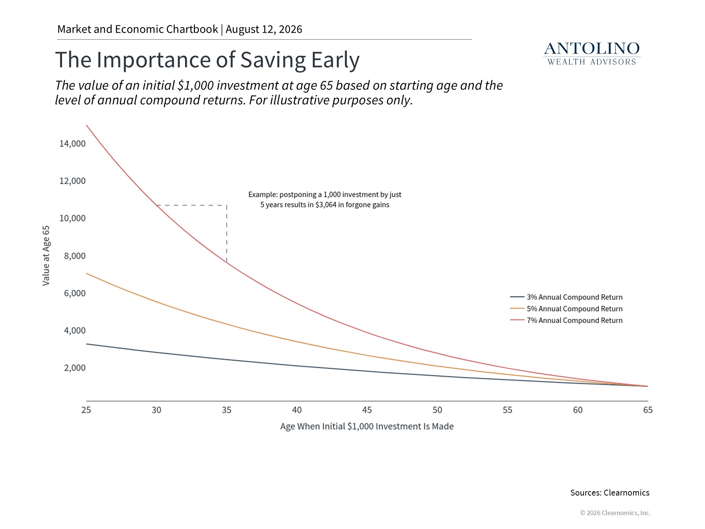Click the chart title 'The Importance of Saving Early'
tap(207, 60)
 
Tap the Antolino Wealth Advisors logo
tap(592, 54)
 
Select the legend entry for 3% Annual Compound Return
tap(566, 297)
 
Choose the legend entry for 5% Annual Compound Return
tap(566, 309)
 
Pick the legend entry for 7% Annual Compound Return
tap(566, 320)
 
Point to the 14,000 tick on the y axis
tap(72, 144)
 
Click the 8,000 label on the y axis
tap(75, 256)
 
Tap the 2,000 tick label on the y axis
tap(75, 368)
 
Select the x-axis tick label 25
tap(86, 410)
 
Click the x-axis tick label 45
tap(367, 410)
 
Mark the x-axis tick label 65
tap(648, 410)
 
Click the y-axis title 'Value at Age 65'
tap(46, 256)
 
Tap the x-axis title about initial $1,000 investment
tap(367, 426)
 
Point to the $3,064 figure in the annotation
tap(326, 205)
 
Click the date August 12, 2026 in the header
tap(264, 29)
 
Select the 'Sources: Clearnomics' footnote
tap(610, 493)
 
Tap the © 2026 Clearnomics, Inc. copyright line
tap(615, 513)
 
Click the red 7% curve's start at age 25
tap(87, 125)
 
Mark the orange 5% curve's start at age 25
tap(87, 273)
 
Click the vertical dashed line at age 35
tap(227, 234)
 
